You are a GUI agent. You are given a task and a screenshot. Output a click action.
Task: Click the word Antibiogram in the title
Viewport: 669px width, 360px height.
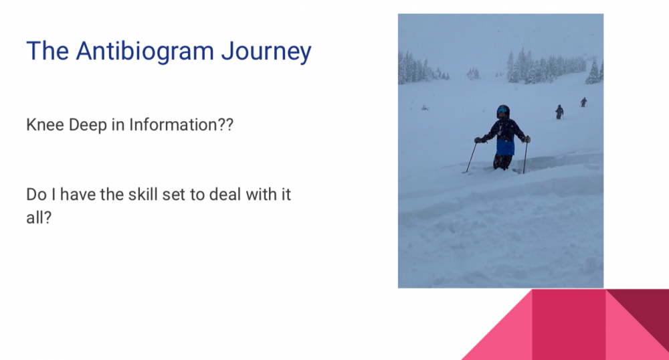click(145, 51)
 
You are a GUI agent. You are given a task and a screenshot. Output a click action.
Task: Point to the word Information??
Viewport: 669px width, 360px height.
click(181, 124)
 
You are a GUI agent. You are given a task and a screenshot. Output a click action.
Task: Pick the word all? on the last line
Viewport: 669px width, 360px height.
click(39, 217)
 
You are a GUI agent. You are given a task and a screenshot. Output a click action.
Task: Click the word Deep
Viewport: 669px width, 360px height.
click(88, 125)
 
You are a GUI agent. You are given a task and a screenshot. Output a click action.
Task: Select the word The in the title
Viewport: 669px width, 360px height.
click(47, 51)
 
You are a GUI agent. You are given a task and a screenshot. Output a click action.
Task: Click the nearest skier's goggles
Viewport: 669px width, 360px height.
click(502, 111)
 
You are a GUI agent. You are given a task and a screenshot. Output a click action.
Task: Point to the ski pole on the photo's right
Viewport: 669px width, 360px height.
click(525, 157)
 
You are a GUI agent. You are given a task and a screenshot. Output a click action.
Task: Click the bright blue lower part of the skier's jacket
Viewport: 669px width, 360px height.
click(506, 147)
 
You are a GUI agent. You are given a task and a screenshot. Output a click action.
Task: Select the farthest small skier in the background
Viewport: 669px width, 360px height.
click(583, 102)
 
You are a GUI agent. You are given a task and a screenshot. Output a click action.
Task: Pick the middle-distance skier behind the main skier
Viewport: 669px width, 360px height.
click(559, 112)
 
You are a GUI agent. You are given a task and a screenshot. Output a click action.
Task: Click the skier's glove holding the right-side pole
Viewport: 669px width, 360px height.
click(527, 139)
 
